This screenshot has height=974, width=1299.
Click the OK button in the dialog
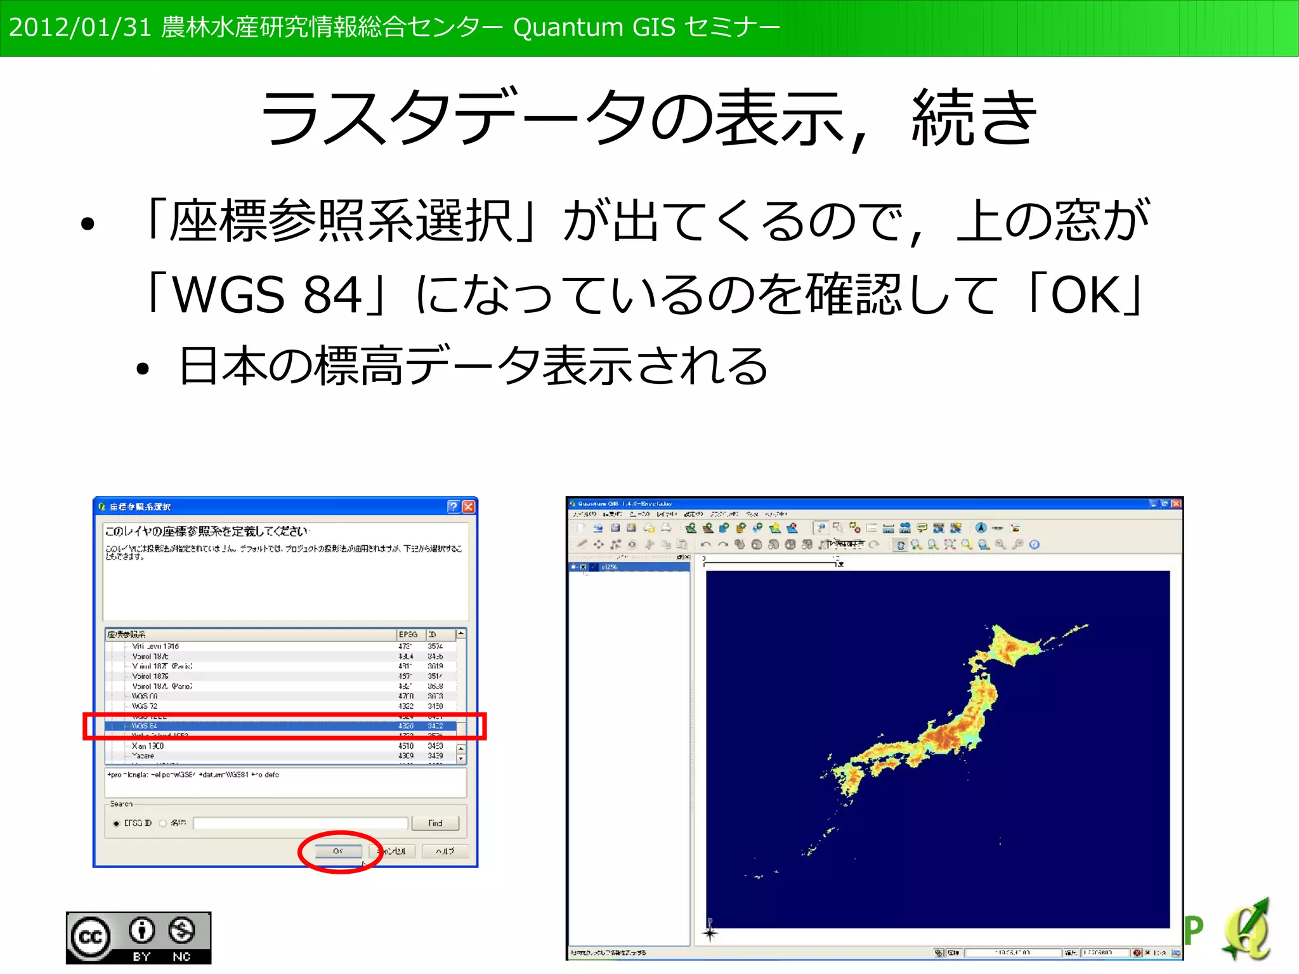[338, 851]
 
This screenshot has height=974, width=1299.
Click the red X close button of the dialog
[468, 506]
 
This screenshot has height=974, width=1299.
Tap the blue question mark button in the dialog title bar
[453, 506]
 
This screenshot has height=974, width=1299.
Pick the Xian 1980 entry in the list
[148, 746]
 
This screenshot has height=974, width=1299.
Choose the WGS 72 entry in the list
[145, 706]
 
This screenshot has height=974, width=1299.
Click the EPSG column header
[408, 635]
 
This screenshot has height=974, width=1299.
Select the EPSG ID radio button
[117, 824]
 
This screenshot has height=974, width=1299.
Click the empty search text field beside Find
[300, 824]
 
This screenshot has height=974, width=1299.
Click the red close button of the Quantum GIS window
[1176, 504]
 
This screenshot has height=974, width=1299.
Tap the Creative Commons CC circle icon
[90, 937]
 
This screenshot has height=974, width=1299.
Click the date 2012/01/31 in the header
[80, 27]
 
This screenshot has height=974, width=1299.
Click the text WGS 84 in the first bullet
[266, 295]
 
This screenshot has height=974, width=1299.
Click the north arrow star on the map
[710, 932]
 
